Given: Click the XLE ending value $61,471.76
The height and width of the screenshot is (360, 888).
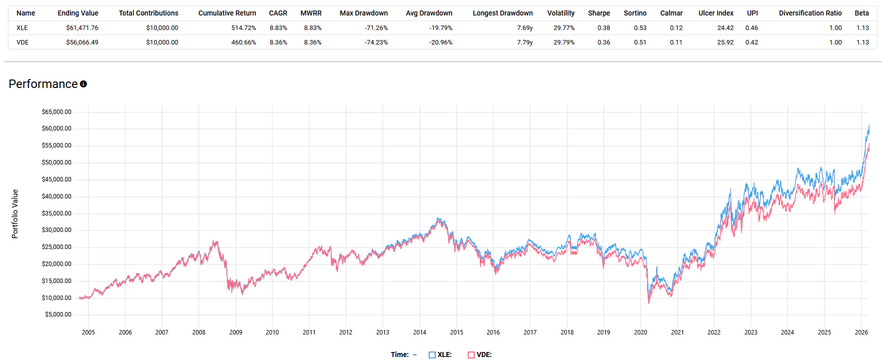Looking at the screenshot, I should pyautogui.click(x=82, y=28).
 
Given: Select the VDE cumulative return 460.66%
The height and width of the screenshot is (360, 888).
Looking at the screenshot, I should pyautogui.click(x=243, y=42).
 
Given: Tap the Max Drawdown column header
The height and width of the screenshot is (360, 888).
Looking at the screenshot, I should pyautogui.click(x=363, y=13).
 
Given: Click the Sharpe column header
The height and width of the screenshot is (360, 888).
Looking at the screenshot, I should pyautogui.click(x=599, y=13).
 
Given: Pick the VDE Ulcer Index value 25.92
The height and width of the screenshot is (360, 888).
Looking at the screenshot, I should pyautogui.click(x=725, y=42).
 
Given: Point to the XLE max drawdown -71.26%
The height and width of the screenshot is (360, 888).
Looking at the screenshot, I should pyautogui.click(x=376, y=28).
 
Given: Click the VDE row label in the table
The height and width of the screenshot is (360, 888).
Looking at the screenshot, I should pyautogui.click(x=22, y=42).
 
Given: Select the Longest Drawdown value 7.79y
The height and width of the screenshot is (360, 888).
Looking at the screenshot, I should pyautogui.click(x=525, y=42).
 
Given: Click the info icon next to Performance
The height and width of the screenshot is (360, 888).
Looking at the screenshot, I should pyautogui.click(x=83, y=84).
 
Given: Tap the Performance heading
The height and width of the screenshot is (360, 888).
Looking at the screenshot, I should pyautogui.click(x=43, y=84).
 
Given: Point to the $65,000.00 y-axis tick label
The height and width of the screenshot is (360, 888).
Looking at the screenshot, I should pyautogui.click(x=56, y=112).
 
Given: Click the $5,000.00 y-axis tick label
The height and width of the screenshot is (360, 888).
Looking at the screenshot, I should pyautogui.click(x=58, y=314).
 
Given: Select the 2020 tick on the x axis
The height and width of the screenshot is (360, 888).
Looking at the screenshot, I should pyautogui.click(x=640, y=332).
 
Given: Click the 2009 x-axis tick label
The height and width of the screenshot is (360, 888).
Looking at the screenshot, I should pyautogui.click(x=235, y=332).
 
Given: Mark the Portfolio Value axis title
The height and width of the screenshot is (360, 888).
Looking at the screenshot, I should pyautogui.click(x=15, y=214).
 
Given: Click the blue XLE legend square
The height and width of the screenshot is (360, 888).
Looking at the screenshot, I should pyautogui.click(x=432, y=355).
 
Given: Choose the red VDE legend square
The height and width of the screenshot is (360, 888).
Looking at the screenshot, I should pyautogui.click(x=471, y=355).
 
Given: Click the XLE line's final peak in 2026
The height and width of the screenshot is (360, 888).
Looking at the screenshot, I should pyautogui.click(x=869, y=125).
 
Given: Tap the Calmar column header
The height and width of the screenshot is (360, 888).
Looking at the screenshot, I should pyautogui.click(x=671, y=13).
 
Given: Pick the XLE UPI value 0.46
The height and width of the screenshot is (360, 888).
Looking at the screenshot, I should pyautogui.click(x=752, y=28).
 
